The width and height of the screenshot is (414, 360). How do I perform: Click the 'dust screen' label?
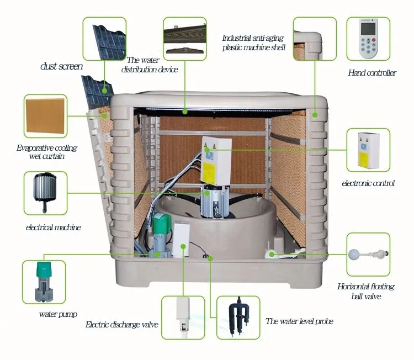click(61, 66)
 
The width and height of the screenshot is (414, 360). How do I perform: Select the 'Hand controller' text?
click(371, 73)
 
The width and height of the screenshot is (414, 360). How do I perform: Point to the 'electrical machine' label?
click(53, 227)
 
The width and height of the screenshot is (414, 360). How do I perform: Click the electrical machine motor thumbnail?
click(45, 193)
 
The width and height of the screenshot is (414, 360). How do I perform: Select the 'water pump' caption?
click(58, 314)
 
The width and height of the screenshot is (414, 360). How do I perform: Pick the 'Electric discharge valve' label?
click(122, 325)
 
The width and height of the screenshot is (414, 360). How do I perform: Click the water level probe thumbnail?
click(238, 317)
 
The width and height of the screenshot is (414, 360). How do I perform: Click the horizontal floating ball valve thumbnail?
click(368, 255)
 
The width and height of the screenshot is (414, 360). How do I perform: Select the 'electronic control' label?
click(368, 183)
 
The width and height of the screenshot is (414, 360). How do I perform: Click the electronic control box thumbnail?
click(368, 150)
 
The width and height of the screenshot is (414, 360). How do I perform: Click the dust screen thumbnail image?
click(105, 39)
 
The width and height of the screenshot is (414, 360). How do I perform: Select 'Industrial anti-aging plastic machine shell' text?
click(254, 43)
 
